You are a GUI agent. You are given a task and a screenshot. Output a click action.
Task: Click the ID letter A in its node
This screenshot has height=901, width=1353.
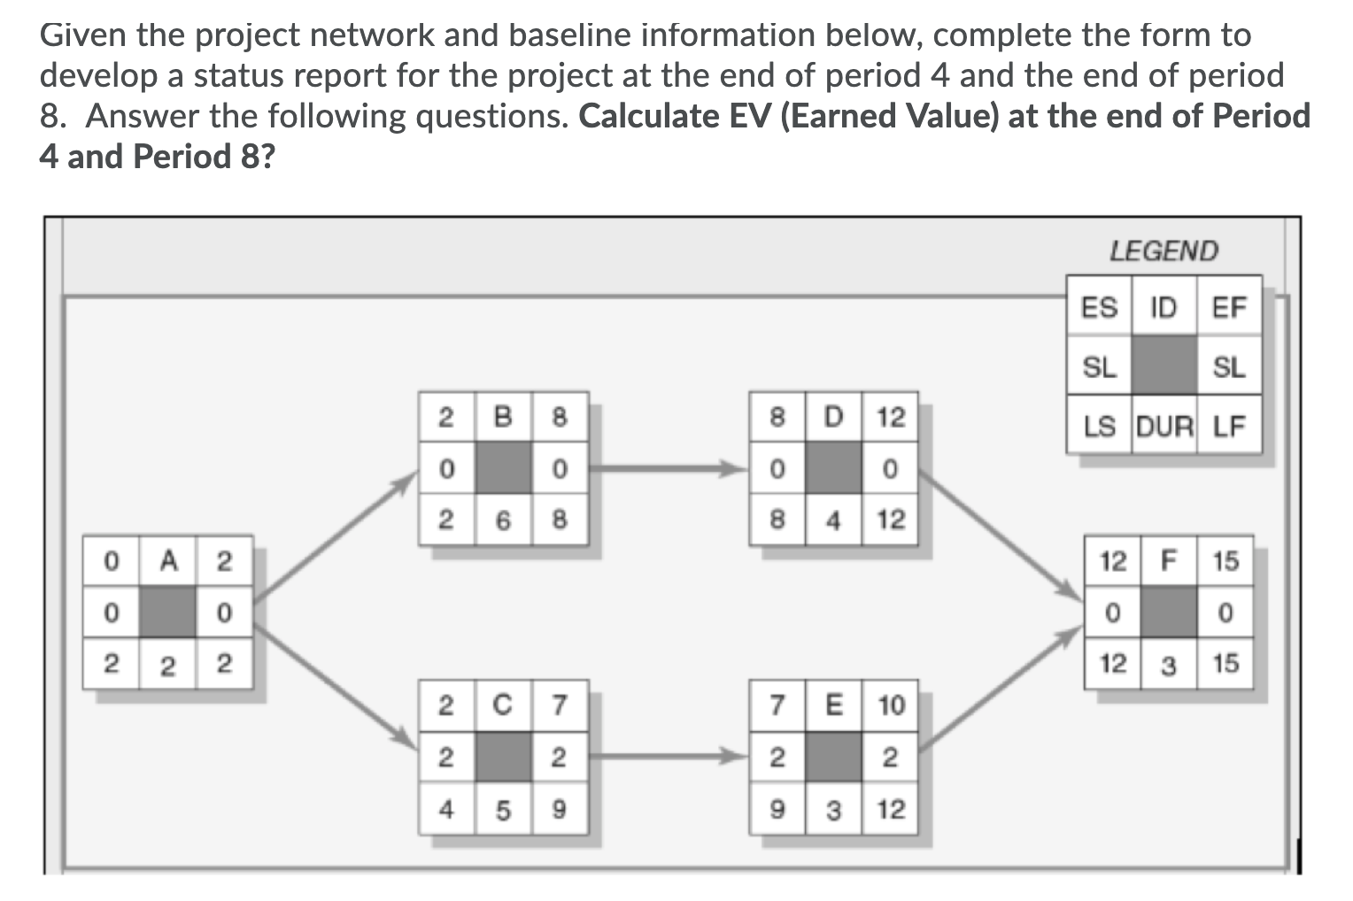click(167, 561)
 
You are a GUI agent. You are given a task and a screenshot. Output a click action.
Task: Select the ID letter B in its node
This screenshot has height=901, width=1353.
click(503, 416)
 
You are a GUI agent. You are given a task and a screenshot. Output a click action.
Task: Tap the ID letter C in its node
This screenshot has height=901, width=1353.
click(503, 705)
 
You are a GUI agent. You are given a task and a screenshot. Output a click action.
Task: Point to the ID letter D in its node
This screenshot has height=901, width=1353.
click(832, 416)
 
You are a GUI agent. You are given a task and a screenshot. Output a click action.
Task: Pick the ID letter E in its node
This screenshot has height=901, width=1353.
click(832, 705)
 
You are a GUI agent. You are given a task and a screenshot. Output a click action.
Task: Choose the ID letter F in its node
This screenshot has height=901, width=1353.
click(1169, 560)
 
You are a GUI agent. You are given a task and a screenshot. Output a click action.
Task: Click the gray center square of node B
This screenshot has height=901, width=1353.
click(503, 467)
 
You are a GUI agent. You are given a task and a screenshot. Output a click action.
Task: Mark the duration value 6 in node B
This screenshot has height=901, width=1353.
click(503, 520)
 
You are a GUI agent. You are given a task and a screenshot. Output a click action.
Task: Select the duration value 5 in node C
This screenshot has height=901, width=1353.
click(503, 810)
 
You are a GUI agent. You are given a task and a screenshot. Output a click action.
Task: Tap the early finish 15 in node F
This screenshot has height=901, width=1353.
click(1225, 561)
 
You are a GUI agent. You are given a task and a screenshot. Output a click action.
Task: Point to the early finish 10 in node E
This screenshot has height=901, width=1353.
click(891, 705)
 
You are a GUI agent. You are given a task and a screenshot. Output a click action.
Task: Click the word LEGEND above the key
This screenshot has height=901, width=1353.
click(1164, 251)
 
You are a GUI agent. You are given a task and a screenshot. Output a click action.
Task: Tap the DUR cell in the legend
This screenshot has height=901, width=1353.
click(1164, 427)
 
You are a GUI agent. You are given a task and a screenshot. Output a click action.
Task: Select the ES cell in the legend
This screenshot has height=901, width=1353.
click(1100, 308)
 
